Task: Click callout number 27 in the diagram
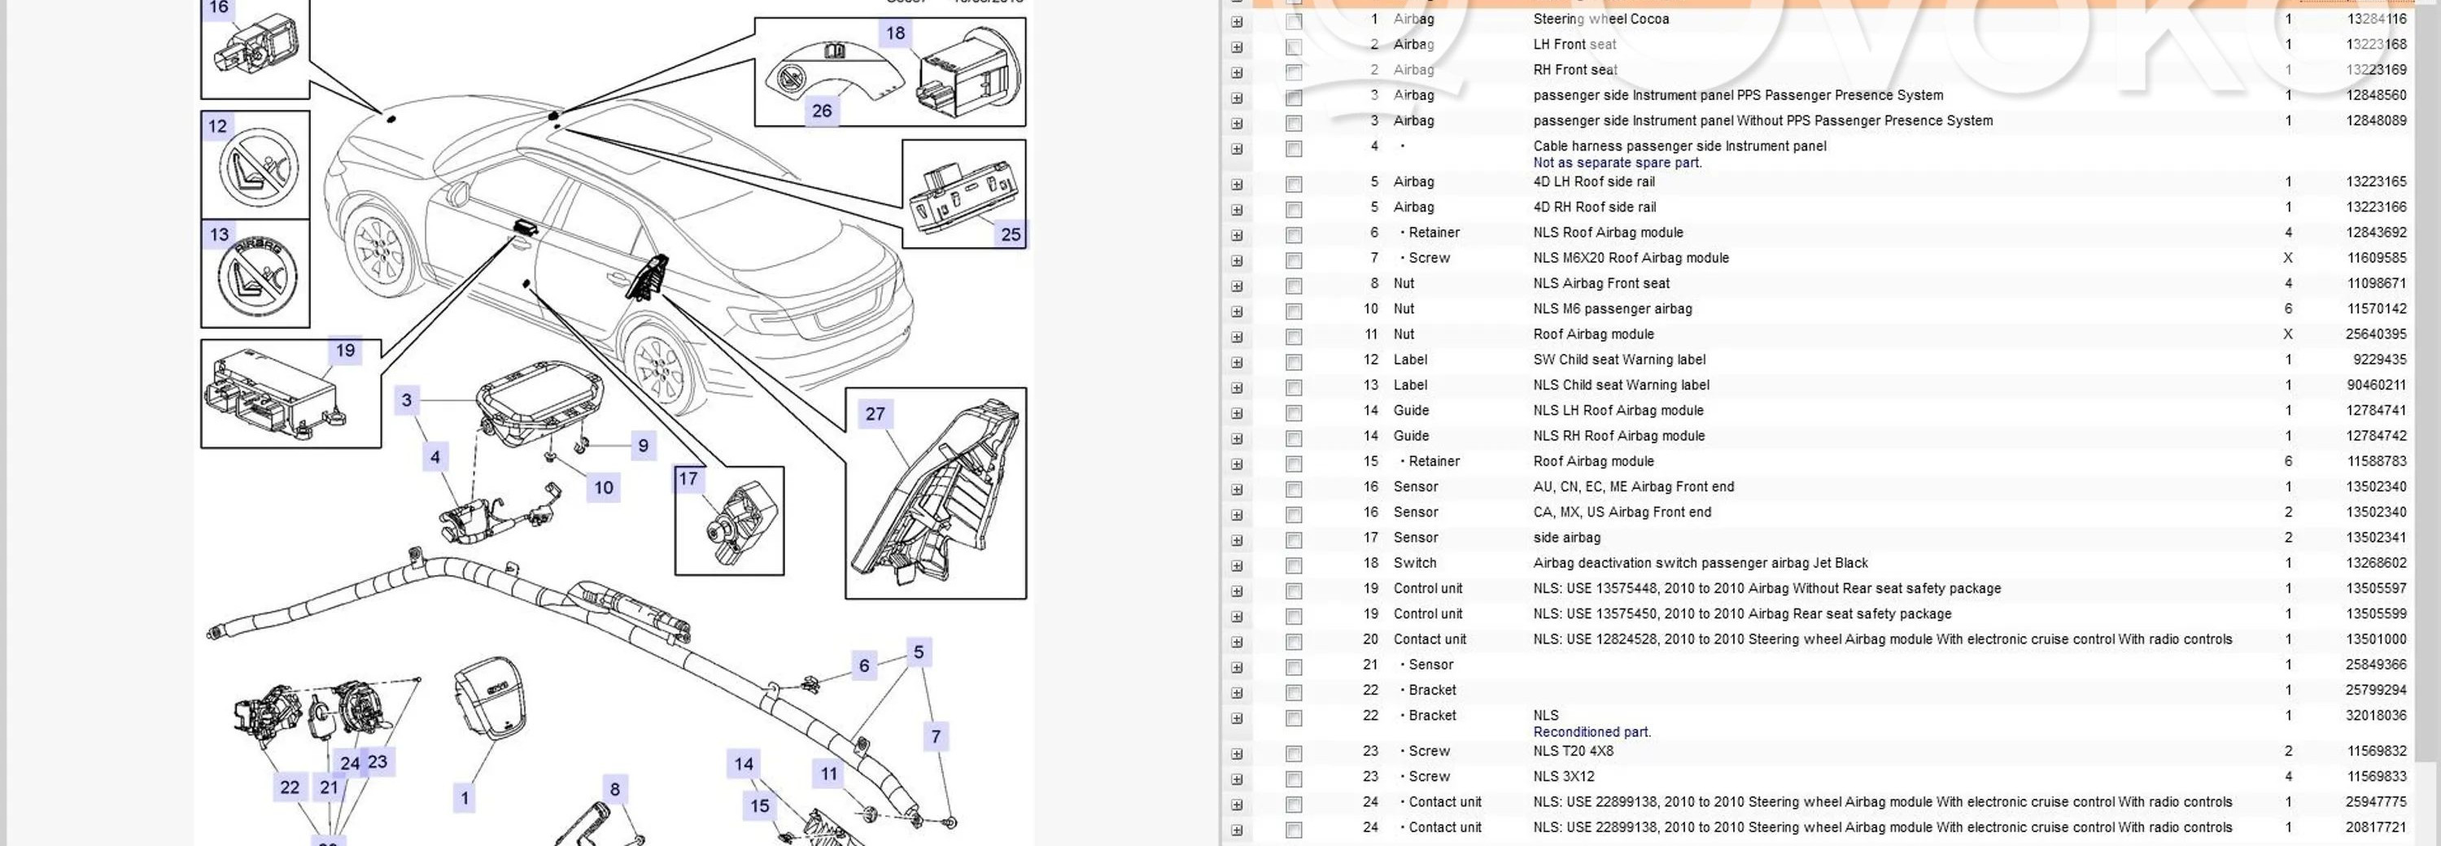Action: tap(875, 414)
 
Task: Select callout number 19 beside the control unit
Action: tap(345, 351)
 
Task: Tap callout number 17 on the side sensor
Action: tap(688, 479)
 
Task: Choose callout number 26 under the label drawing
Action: tap(822, 111)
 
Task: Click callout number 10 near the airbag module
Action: tap(604, 488)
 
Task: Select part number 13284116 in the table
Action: tap(2376, 19)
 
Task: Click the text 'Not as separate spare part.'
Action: tap(1617, 163)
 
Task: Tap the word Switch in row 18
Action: tap(1415, 563)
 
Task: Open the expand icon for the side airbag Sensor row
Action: tap(1237, 541)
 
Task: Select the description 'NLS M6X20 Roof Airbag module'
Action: tap(1631, 258)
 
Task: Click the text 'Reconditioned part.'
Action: tap(1592, 732)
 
